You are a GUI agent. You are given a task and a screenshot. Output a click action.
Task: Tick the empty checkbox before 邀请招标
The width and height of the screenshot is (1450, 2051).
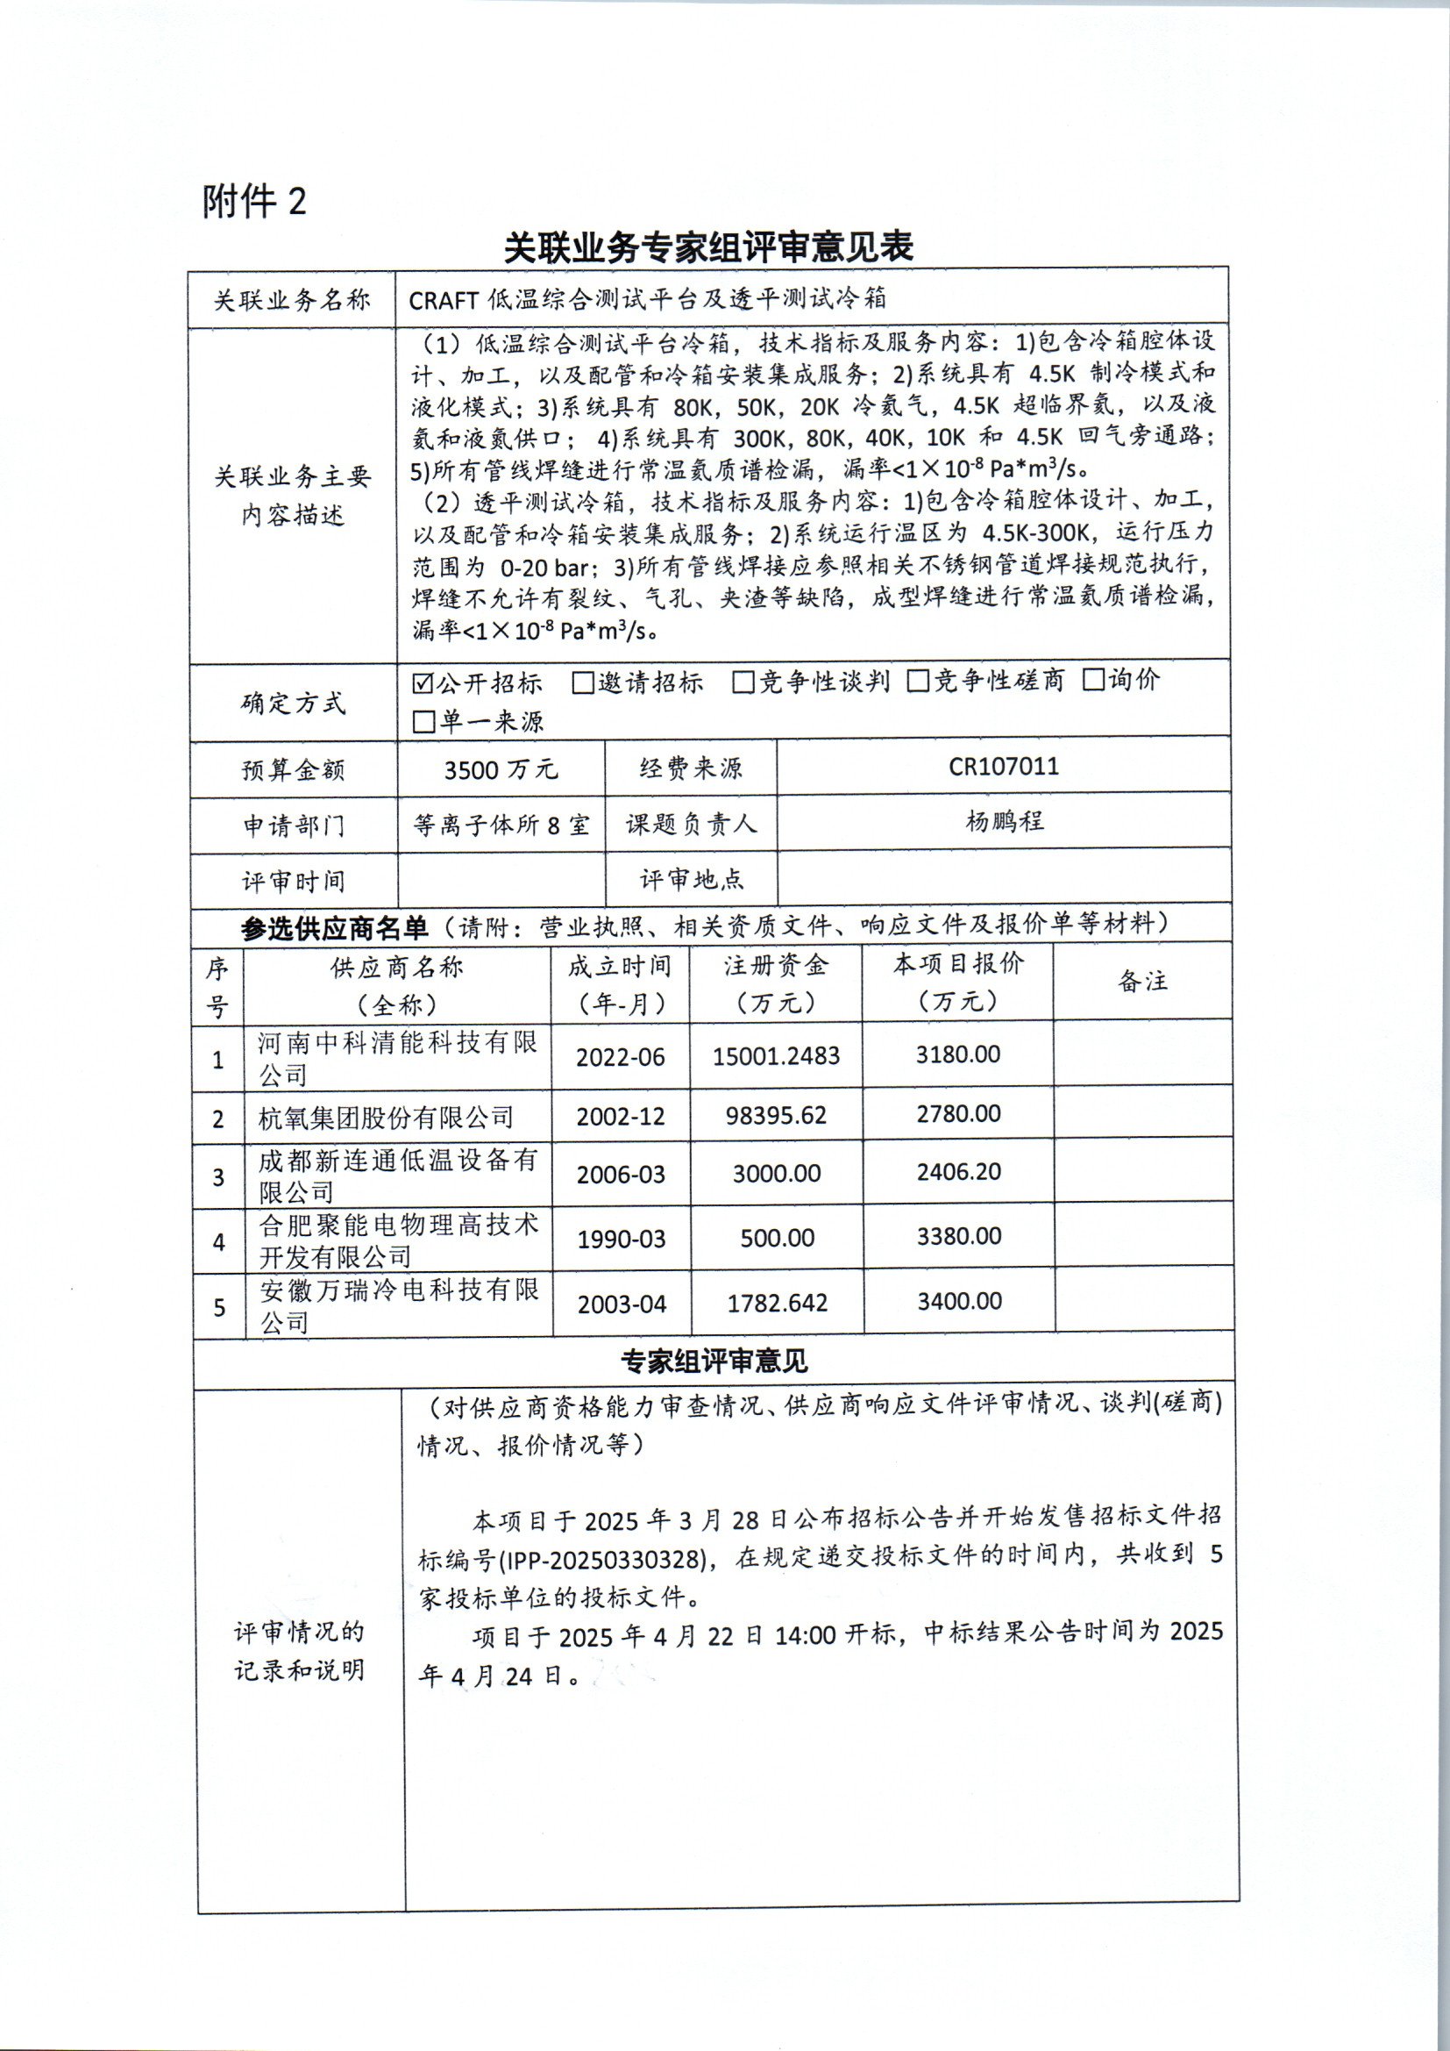tap(583, 684)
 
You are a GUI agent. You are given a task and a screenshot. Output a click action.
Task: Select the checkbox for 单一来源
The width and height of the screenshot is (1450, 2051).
tap(423, 722)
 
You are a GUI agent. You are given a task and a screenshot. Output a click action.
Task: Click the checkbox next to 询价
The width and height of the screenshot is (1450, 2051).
tap(1094, 681)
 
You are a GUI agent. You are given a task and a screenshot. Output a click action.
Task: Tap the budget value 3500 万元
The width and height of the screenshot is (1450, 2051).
tap(501, 769)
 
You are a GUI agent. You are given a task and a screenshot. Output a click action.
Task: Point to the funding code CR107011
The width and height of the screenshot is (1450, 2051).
tap(1004, 767)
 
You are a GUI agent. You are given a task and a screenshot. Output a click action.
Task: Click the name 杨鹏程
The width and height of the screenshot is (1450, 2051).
tap(1005, 821)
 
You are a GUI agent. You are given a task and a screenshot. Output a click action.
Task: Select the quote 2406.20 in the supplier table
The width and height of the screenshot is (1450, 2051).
tap(959, 1172)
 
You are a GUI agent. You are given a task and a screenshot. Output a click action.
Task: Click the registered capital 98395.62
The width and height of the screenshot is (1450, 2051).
tap(776, 1116)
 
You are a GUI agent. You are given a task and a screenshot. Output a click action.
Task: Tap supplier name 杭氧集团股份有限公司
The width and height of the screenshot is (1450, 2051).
tap(387, 1118)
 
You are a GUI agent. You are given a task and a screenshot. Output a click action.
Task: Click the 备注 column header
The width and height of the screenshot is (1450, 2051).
tap(1143, 982)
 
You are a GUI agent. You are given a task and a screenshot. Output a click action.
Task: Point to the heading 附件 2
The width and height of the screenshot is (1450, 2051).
tap(254, 202)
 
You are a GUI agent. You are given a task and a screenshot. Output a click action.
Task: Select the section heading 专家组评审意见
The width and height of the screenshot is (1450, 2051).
tap(714, 1361)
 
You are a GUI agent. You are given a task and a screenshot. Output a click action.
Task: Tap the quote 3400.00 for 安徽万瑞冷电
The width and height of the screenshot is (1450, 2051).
tap(960, 1302)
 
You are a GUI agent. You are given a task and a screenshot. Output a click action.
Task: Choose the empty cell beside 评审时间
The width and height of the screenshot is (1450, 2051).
tap(501, 880)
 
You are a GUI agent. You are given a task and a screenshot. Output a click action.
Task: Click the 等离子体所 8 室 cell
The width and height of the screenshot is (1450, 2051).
tap(501, 825)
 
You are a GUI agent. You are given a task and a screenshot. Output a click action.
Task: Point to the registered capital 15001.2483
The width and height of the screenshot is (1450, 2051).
tap(776, 1057)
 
